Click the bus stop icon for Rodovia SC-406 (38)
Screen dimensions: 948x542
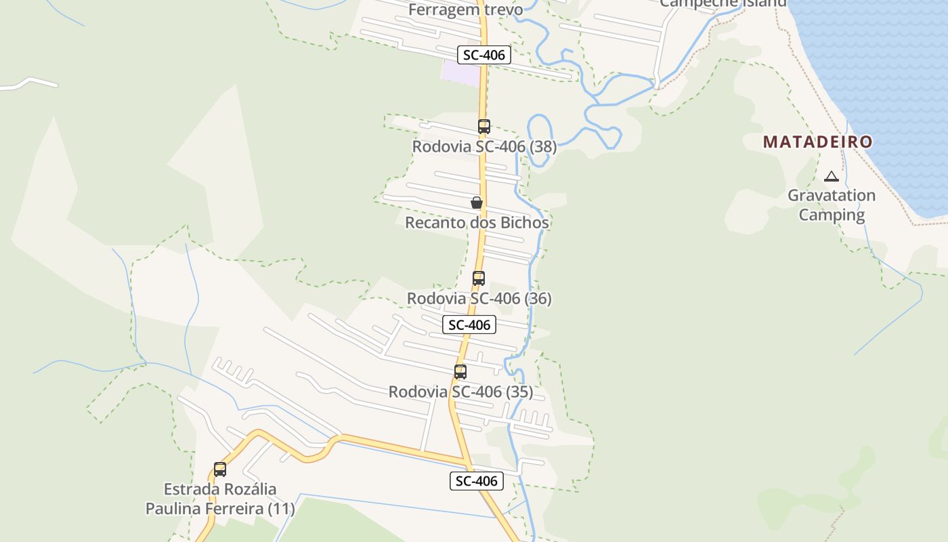(483, 127)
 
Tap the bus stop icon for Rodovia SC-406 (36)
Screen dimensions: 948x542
(479, 278)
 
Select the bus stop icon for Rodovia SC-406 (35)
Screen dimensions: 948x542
(460, 372)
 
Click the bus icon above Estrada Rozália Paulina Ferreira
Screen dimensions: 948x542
(220, 470)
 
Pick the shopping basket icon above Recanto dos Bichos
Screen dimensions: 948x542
(477, 203)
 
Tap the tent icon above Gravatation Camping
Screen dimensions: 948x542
(832, 177)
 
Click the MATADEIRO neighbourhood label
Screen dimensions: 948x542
(817, 142)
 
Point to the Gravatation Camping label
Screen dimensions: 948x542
(832, 205)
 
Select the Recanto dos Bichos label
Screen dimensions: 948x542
(477, 223)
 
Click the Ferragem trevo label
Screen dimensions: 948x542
(466, 9)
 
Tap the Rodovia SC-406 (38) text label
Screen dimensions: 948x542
(484, 147)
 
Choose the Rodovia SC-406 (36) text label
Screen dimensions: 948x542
(479, 299)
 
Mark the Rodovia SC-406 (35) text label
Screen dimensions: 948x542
(460, 392)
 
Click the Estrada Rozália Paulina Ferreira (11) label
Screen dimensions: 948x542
(220, 499)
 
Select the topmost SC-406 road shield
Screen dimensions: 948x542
(483, 55)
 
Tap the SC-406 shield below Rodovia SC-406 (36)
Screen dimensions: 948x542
(469, 325)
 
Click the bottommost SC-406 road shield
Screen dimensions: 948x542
(477, 481)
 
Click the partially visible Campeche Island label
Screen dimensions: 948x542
(723, 3)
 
